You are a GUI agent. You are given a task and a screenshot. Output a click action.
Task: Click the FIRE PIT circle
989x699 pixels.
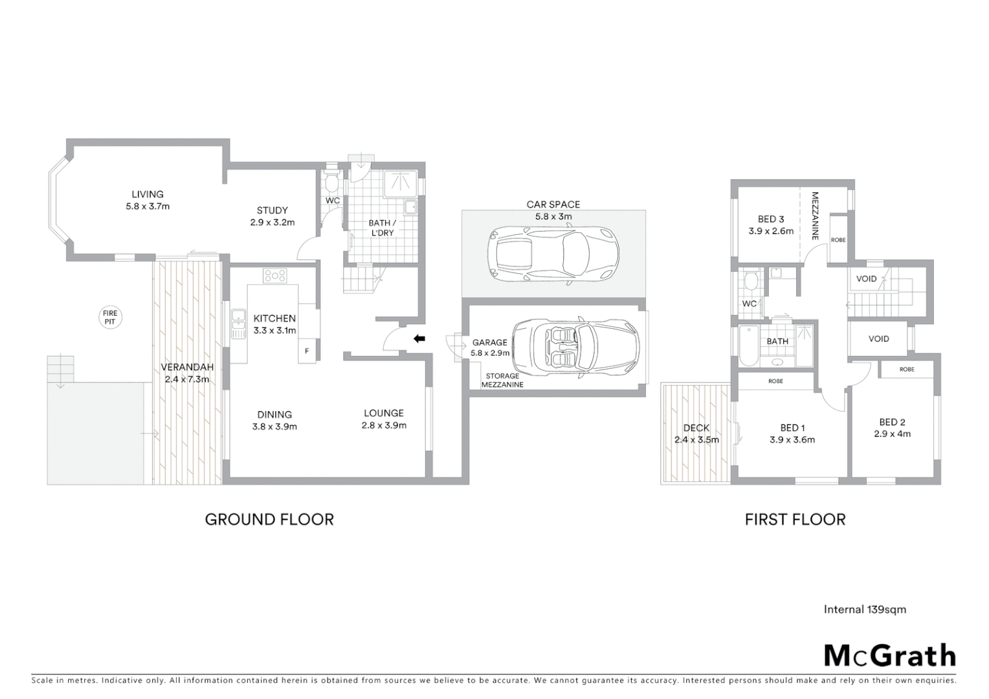click(x=110, y=317)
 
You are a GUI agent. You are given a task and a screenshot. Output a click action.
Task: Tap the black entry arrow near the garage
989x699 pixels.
click(x=419, y=338)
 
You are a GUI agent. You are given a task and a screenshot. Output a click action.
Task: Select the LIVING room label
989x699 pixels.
click(x=148, y=200)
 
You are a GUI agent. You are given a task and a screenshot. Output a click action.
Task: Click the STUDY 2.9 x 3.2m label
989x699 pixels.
click(x=272, y=216)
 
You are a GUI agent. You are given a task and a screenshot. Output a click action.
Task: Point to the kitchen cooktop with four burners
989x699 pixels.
click(x=275, y=276)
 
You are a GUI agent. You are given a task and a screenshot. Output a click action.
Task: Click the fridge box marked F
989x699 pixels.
click(x=307, y=351)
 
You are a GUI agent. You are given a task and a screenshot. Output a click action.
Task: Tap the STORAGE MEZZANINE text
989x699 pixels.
click(x=502, y=380)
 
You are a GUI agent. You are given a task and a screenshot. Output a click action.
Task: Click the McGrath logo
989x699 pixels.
click(x=889, y=656)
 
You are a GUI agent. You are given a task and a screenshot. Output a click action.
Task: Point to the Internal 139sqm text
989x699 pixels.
click(x=865, y=609)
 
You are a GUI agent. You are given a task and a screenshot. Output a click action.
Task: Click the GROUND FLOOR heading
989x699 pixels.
click(x=269, y=519)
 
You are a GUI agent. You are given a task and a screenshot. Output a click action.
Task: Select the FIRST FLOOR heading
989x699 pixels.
click(x=795, y=519)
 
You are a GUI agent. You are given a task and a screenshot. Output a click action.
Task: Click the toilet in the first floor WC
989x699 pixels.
click(x=751, y=282)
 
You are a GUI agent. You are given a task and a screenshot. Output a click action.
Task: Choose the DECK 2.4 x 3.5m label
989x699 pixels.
click(x=696, y=434)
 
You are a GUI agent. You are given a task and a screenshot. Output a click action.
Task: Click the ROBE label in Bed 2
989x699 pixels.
click(x=907, y=370)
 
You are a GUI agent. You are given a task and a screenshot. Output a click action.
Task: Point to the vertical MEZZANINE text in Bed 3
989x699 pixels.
click(x=815, y=216)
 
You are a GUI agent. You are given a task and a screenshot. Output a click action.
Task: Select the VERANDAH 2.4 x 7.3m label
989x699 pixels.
click(x=187, y=373)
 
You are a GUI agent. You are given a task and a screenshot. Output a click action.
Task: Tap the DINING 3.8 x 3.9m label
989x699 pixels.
click(x=274, y=420)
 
